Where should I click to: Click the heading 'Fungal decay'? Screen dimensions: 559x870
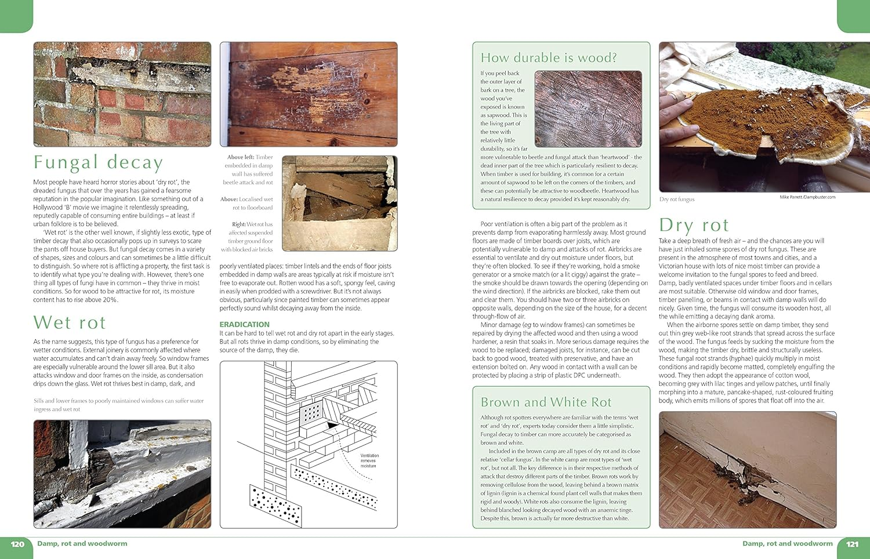click(x=98, y=162)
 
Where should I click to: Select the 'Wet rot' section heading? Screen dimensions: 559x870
click(x=70, y=322)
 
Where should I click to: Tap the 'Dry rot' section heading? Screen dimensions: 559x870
click(x=694, y=225)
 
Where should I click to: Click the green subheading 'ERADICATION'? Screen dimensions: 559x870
click(x=244, y=324)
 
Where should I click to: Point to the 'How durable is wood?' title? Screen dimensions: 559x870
click(x=549, y=58)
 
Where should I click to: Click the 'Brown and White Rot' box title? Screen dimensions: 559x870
click(x=546, y=402)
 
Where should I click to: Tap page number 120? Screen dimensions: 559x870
click(x=17, y=544)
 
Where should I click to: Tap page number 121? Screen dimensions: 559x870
click(x=852, y=544)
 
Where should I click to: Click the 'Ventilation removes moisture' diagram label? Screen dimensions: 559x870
click(x=369, y=460)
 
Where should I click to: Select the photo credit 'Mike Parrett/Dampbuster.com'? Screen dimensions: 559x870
click(x=807, y=197)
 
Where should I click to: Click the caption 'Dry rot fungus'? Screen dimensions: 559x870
click(x=676, y=199)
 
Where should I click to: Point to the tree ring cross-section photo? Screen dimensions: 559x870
click(x=588, y=109)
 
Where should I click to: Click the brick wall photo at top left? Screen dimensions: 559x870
click(x=122, y=94)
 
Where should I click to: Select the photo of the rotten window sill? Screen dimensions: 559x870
click(x=122, y=474)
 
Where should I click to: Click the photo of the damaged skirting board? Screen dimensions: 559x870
click(x=747, y=470)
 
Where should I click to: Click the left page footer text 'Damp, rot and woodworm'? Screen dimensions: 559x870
click(x=82, y=544)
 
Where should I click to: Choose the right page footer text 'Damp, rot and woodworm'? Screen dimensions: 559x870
click(x=787, y=544)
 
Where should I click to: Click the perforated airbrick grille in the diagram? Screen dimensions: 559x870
click(x=312, y=413)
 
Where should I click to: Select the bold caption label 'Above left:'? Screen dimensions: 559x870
click(x=240, y=157)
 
